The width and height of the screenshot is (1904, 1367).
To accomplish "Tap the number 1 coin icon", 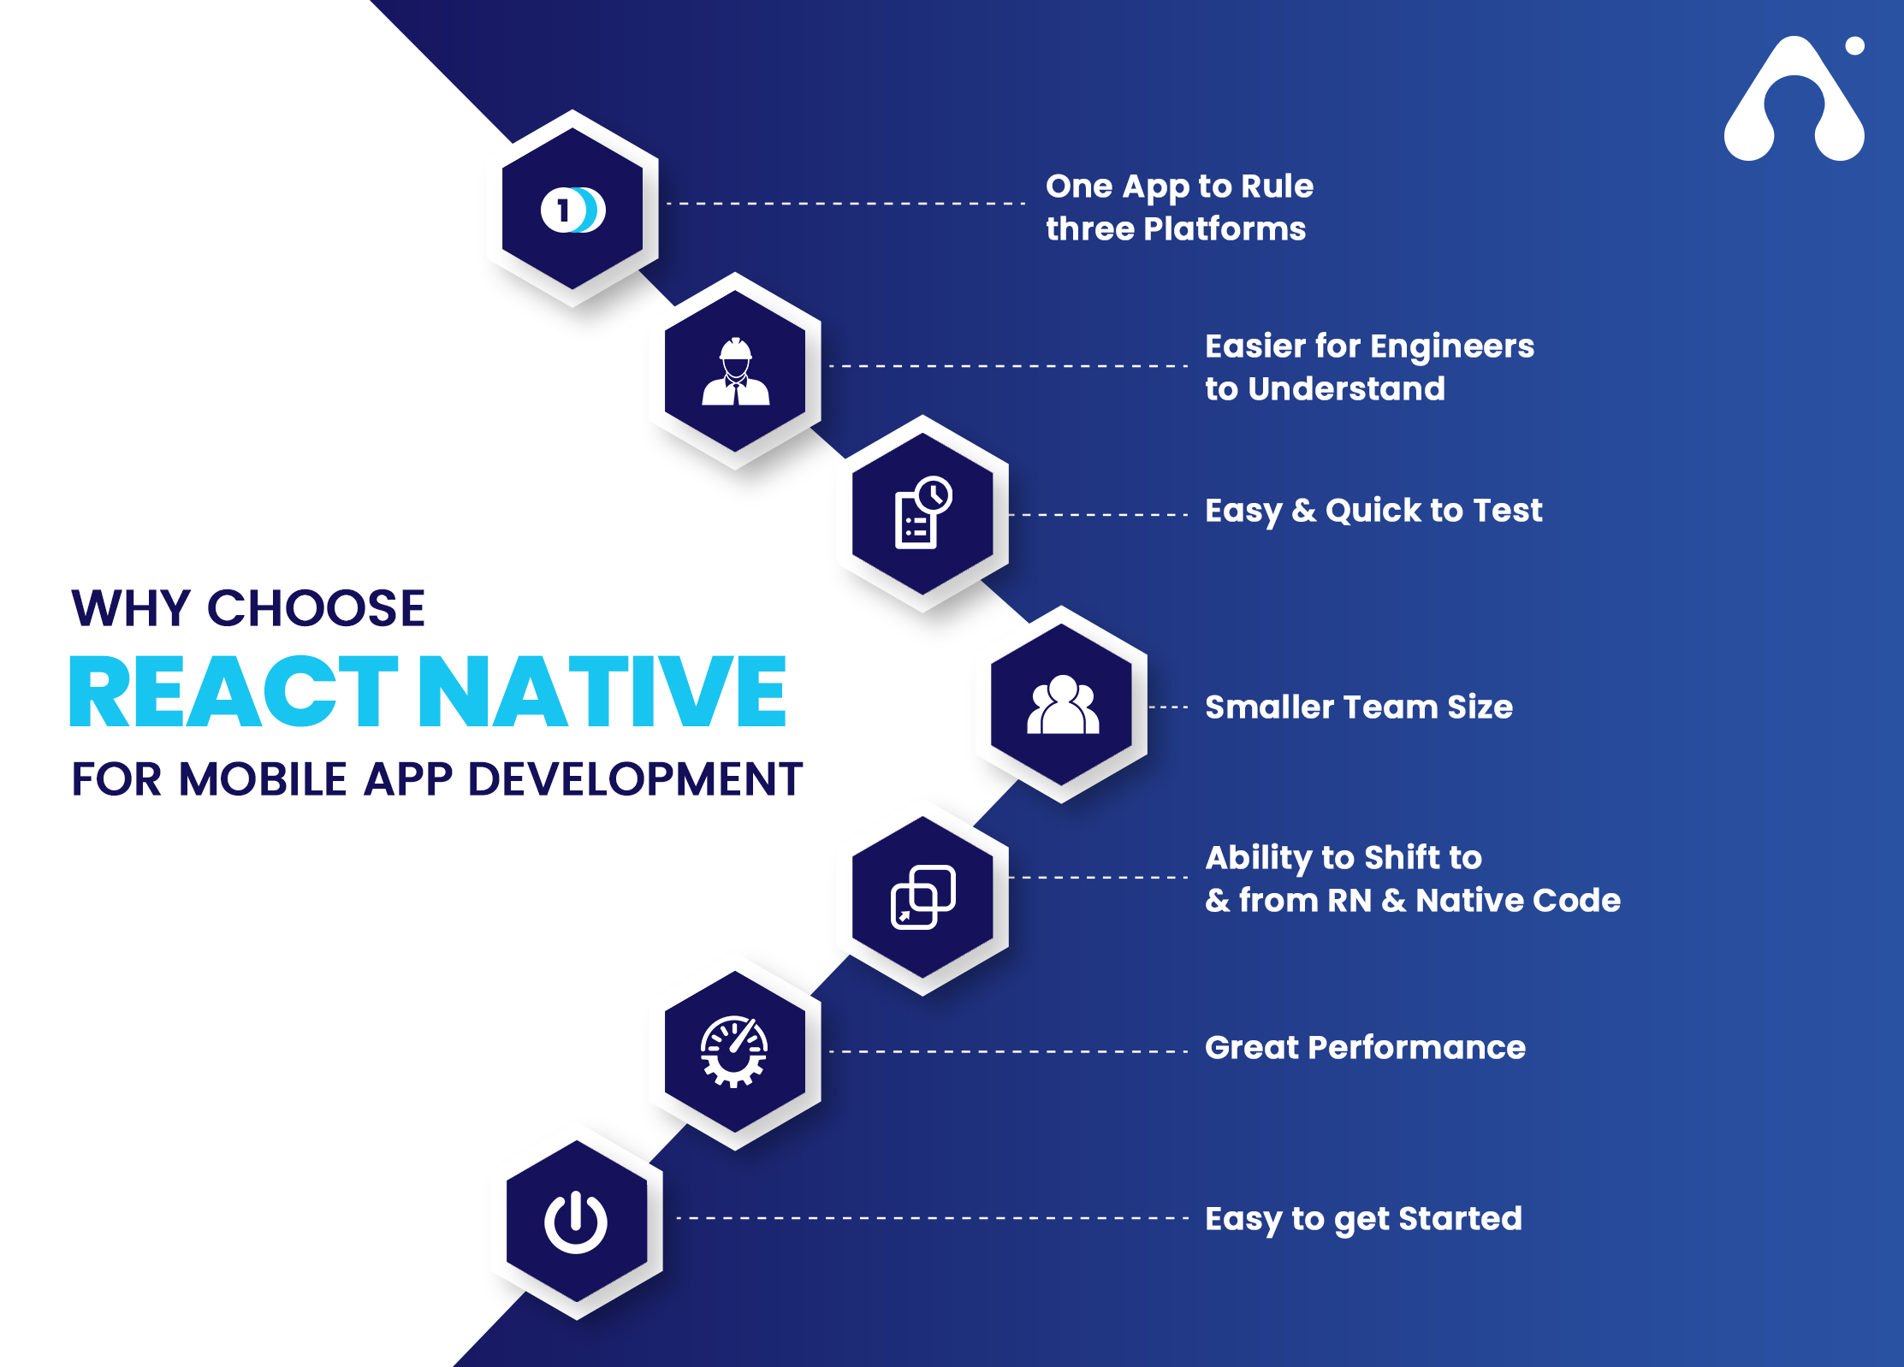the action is [572, 210].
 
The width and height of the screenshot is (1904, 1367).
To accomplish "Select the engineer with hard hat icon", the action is [735, 371].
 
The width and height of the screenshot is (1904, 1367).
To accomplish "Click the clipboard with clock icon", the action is [922, 512].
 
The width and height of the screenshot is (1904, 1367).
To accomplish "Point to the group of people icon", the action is [1063, 704].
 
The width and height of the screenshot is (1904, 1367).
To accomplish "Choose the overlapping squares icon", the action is [922, 897].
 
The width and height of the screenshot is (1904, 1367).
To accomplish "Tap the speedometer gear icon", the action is [734, 1051].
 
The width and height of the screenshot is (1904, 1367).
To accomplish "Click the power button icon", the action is [576, 1222].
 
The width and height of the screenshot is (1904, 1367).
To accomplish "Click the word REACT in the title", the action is [234, 690].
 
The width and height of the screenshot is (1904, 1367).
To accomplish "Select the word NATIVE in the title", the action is [602, 690].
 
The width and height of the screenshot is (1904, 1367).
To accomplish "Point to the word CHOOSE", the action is [316, 608].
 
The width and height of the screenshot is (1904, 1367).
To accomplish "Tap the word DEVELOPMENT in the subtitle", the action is [635, 779].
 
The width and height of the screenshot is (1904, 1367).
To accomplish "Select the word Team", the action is [1390, 707].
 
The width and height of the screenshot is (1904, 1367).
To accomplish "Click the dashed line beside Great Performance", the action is [1009, 1051].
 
